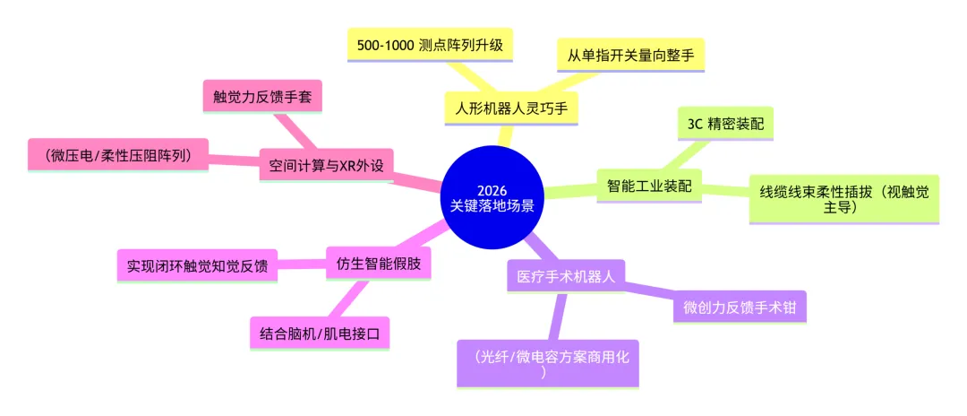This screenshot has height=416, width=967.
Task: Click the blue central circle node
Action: point(492,198)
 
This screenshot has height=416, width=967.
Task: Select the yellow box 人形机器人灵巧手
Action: point(511,108)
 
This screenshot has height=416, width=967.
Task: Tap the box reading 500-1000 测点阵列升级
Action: point(430,45)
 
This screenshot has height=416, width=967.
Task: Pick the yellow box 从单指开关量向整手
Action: point(630,55)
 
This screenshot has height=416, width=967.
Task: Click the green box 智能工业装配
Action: point(649,185)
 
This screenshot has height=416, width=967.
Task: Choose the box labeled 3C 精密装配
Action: point(724,125)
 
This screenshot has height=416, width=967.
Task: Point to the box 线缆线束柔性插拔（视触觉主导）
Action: point(843,199)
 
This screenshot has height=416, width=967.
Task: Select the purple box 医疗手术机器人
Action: point(566,275)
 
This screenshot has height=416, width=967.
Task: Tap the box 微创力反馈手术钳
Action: point(740,306)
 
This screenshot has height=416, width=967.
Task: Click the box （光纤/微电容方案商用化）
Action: point(548,363)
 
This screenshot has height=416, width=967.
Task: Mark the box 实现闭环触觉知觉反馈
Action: point(197,265)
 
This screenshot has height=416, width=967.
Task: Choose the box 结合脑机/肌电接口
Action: point(320,334)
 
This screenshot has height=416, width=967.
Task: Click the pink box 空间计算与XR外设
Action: point(326,165)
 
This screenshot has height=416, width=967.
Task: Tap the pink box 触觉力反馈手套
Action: point(262,96)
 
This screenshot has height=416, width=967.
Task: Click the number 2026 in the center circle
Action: point(492,189)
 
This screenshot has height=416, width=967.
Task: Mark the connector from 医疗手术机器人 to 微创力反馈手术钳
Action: point(649,290)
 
